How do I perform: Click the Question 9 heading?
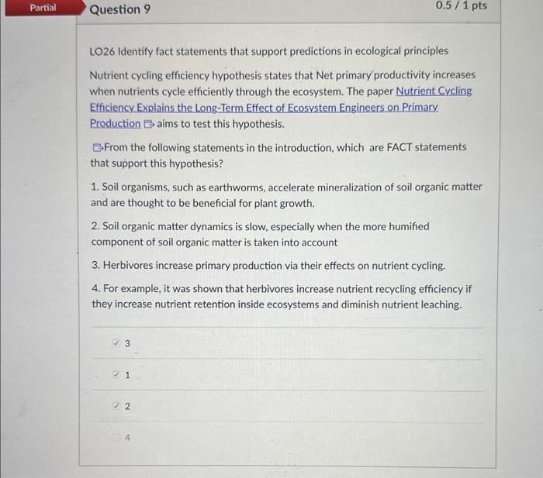click(x=120, y=10)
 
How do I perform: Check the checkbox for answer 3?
click(x=116, y=342)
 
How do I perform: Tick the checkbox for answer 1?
click(x=116, y=375)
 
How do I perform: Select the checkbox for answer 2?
click(x=116, y=406)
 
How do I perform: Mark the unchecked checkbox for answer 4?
click(x=116, y=438)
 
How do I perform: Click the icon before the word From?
click(x=96, y=147)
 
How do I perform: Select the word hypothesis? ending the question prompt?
click(x=197, y=163)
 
